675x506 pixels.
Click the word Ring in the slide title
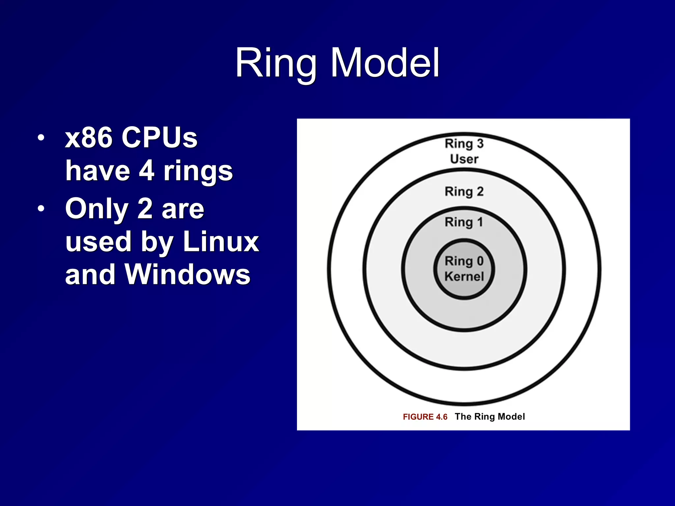point(276,63)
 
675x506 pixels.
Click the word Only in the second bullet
point(96,209)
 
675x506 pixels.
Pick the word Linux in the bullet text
point(221,241)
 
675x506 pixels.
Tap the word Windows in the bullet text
point(187,274)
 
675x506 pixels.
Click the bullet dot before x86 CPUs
point(41,138)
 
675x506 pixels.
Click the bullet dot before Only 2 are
point(41,209)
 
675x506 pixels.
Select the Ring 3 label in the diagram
point(464,144)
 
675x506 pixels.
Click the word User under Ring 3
point(464,159)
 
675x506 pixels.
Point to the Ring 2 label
point(464,191)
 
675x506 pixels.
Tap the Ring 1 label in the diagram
point(464,222)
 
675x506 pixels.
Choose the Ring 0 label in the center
point(464,261)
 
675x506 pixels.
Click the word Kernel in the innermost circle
point(464,276)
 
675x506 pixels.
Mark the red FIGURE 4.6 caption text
point(425,417)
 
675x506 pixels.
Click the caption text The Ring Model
point(490,417)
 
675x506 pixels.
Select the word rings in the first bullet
point(198,171)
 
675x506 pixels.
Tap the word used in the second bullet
point(98,241)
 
